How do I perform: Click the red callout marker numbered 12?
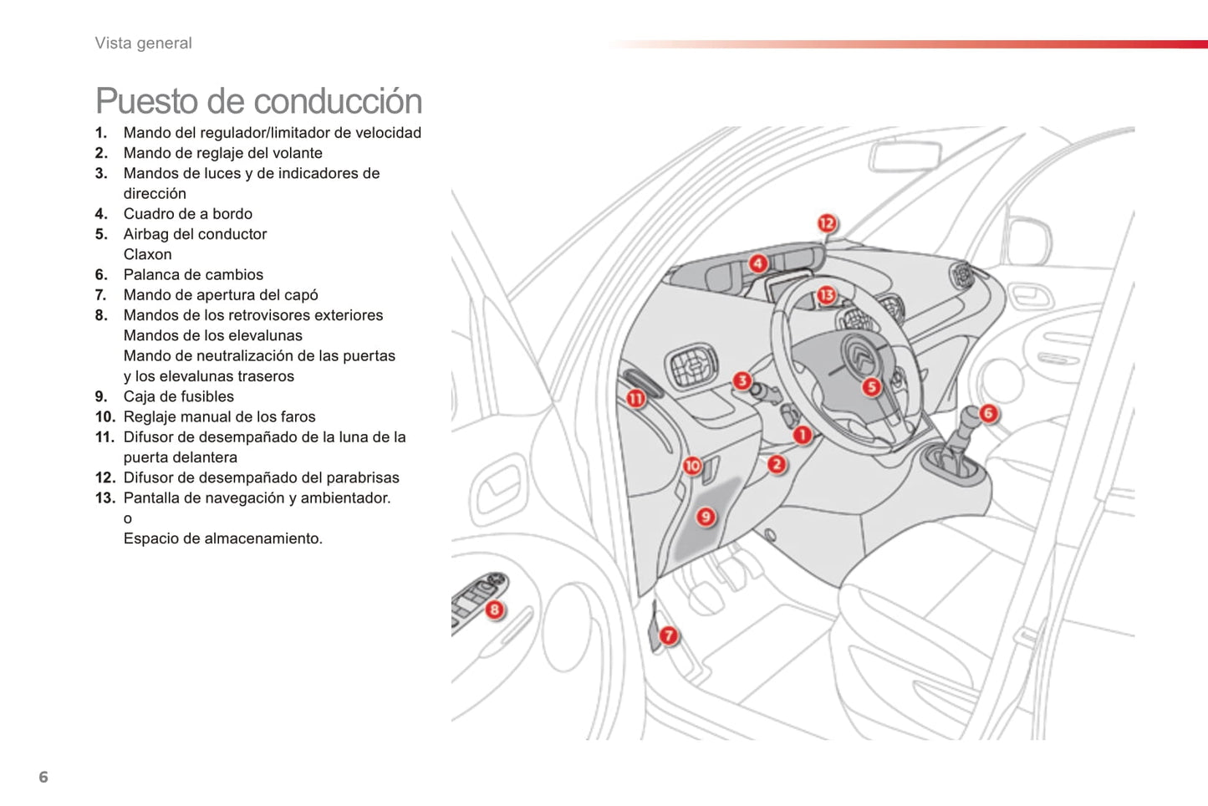tap(826, 223)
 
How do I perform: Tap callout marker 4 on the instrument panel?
tap(757, 263)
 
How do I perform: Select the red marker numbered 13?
tap(826, 294)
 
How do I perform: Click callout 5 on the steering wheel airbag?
tap(871, 387)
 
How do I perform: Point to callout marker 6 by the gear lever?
tap(988, 413)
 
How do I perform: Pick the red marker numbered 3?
tap(742, 381)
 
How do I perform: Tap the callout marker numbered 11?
tap(635, 399)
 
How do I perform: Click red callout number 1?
tap(802, 435)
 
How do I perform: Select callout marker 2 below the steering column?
tap(777, 464)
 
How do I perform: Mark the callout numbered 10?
tap(692, 466)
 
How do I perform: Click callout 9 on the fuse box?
tap(706, 517)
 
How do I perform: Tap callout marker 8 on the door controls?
tap(494, 610)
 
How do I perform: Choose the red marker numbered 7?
tap(668, 635)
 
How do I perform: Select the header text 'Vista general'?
tap(143, 43)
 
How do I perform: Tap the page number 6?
tap(43, 778)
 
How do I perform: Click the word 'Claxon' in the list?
tap(147, 254)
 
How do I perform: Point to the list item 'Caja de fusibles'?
tap(178, 396)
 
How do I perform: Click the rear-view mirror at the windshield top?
tap(905, 156)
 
